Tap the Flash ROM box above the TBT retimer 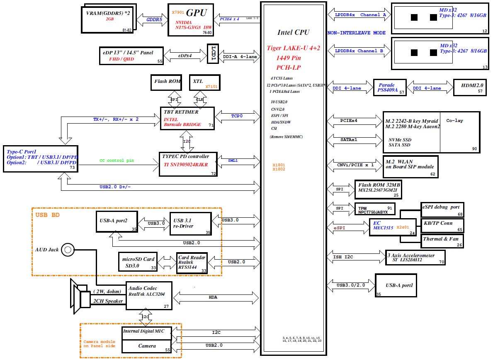[167, 82]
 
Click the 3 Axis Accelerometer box [415, 258]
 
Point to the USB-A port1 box [396, 285]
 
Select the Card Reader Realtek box [192, 263]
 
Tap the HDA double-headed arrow [213, 297]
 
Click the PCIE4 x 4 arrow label [230, 19]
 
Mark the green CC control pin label [117, 161]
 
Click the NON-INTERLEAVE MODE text [357, 33]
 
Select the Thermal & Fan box [442, 239]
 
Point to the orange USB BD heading [48, 215]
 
